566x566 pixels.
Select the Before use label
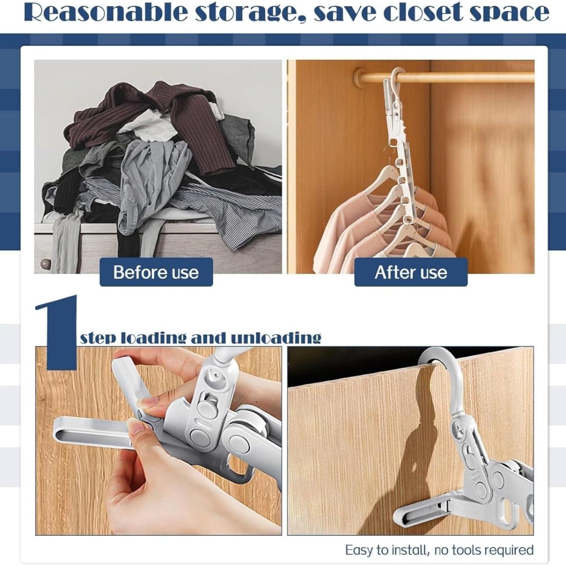point(156,272)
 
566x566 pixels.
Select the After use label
point(411,272)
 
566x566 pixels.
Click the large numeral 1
point(60,332)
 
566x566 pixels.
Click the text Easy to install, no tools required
point(439,550)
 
